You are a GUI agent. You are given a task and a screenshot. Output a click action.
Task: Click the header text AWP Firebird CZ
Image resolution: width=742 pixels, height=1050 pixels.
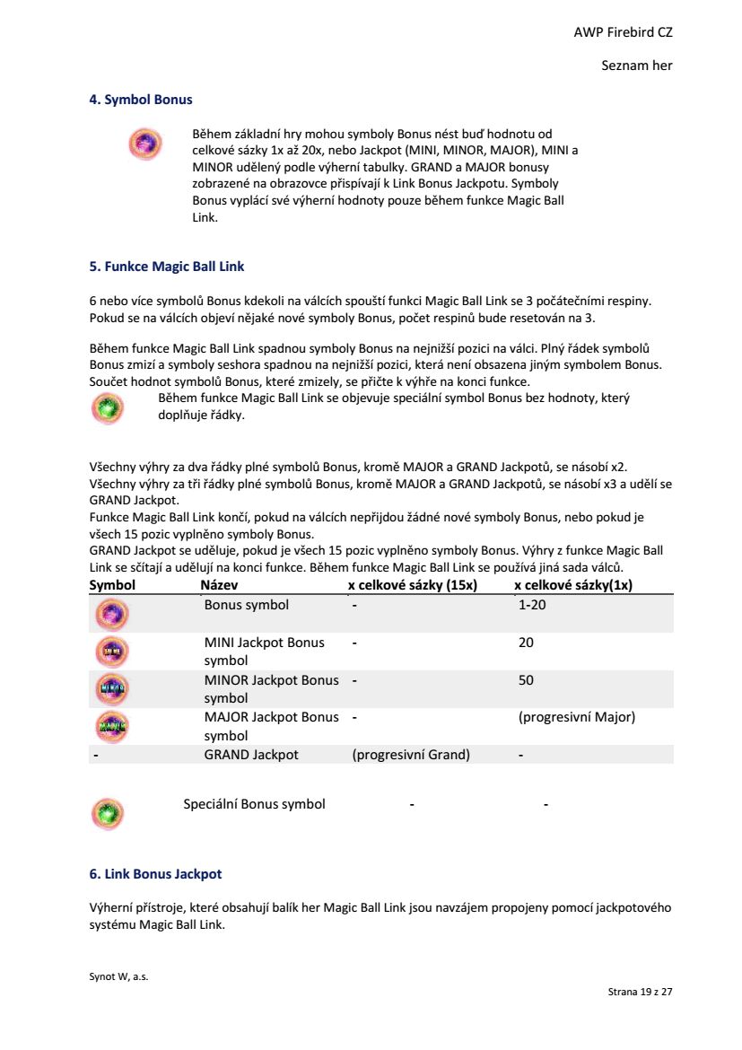coord(623,32)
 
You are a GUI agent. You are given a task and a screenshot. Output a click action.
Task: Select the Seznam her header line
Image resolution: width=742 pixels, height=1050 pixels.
coord(636,66)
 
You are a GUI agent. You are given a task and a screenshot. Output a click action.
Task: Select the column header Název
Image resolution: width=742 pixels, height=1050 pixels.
coord(220,585)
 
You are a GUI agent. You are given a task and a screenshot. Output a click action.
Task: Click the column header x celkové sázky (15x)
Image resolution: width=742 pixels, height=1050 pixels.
coord(413,585)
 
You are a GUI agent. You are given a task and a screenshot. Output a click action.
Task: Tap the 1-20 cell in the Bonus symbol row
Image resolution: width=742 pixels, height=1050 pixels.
coord(532,605)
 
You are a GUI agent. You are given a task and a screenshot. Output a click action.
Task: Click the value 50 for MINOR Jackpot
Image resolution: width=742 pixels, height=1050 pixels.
coord(526,680)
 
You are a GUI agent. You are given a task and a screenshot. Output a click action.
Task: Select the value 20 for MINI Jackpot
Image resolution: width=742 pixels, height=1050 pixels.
coord(526,643)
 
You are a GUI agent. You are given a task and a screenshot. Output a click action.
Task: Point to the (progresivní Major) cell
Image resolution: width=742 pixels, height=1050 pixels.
coord(577,717)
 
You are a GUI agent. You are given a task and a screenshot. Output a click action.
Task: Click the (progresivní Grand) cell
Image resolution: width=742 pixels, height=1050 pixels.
coord(411,755)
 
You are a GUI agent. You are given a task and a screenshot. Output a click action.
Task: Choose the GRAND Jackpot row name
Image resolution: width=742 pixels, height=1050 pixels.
coord(251,755)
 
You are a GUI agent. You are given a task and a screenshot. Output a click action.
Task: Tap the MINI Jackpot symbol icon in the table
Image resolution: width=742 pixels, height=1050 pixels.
coord(112,651)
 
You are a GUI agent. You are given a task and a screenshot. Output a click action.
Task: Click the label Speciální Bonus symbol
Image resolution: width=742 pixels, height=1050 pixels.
coord(254,804)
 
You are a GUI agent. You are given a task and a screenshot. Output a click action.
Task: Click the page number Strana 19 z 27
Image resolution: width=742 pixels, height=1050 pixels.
coord(640,992)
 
